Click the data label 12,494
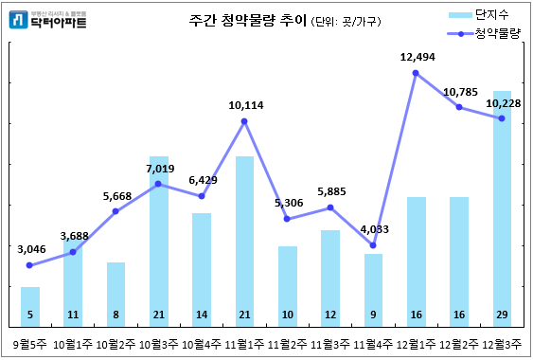[x=416, y=58]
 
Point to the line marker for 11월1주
[x=244, y=121]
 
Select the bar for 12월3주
[x=502, y=208]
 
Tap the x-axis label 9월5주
[x=30, y=343]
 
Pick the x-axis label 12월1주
[x=417, y=343]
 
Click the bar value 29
[x=502, y=315]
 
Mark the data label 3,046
[x=32, y=249]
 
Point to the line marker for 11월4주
[x=373, y=246]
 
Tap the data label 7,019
[x=159, y=168]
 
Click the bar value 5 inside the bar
[x=30, y=315]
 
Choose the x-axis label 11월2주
[x=288, y=343]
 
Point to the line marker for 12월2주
[x=459, y=107]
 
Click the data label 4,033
[x=373, y=229]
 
